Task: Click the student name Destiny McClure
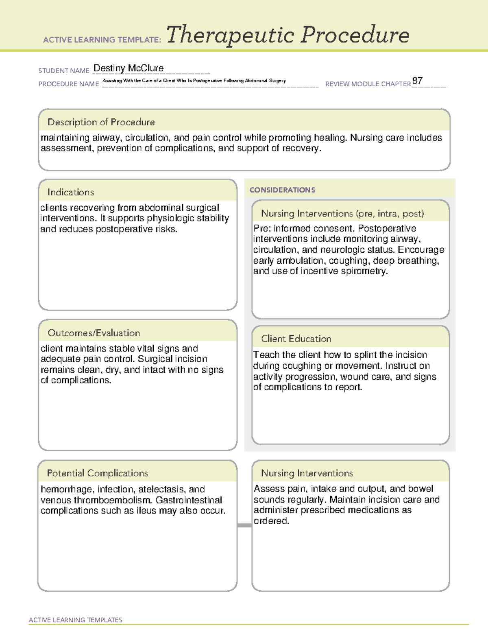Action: coord(129,68)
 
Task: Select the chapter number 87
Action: coord(417,81)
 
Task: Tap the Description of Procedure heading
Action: coord(101,122)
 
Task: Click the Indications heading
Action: coord(70,192)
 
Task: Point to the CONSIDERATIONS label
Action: coord(282,190)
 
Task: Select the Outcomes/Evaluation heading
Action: coord(94,333)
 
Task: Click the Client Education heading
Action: coord(296,339)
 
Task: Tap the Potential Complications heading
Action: coord(97,473)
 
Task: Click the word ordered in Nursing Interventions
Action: coord(271,521)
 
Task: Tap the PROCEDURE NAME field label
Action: coord(69,84)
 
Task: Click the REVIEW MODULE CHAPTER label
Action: coord(368,84)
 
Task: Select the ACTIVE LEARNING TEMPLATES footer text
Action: coord(75,620)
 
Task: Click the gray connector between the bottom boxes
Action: coord(244,525)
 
